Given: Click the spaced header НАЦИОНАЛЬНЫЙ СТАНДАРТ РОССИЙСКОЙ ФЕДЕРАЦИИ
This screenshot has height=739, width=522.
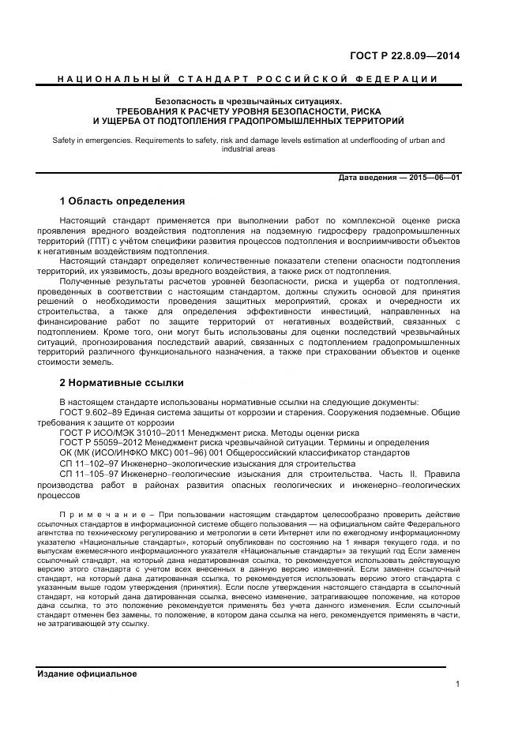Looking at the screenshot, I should tap(248, 81).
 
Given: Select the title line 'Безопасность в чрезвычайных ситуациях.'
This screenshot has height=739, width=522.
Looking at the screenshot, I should tap(248, 102).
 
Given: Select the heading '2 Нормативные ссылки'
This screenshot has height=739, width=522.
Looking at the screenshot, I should tap(122, 383).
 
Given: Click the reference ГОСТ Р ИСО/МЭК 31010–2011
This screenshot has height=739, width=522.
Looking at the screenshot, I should tap(122, 433).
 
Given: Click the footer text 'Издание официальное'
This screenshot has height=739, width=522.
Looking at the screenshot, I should tap(87, 673).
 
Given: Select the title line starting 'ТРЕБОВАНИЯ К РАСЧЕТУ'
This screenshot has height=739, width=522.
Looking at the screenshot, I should tap(248, 111).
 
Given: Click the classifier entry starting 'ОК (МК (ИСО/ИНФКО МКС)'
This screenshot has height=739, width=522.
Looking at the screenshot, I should tap(118, 453).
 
